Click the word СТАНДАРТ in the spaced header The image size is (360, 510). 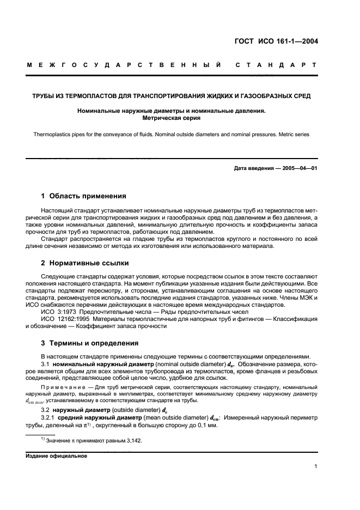[276, 65]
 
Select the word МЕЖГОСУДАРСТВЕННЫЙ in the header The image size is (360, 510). [123, 65]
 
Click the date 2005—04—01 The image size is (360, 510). [299, 168]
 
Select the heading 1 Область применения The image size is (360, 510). [84, 196]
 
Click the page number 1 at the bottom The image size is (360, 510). [316, 466]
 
